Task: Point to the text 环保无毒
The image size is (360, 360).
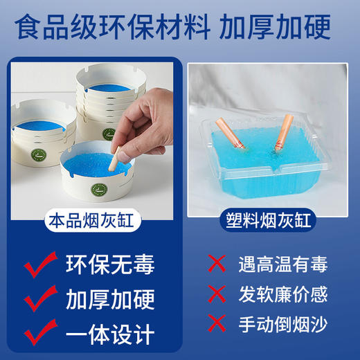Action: (110, 265)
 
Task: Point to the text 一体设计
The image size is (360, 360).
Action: (110, 335)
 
